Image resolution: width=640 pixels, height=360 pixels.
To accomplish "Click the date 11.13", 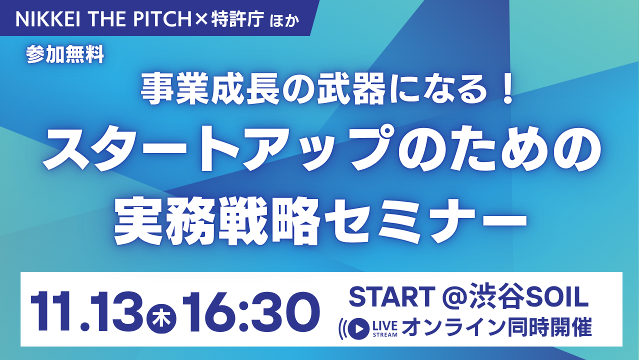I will coord(87,309).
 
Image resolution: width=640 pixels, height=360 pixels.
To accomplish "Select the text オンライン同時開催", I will coord(497,328).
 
